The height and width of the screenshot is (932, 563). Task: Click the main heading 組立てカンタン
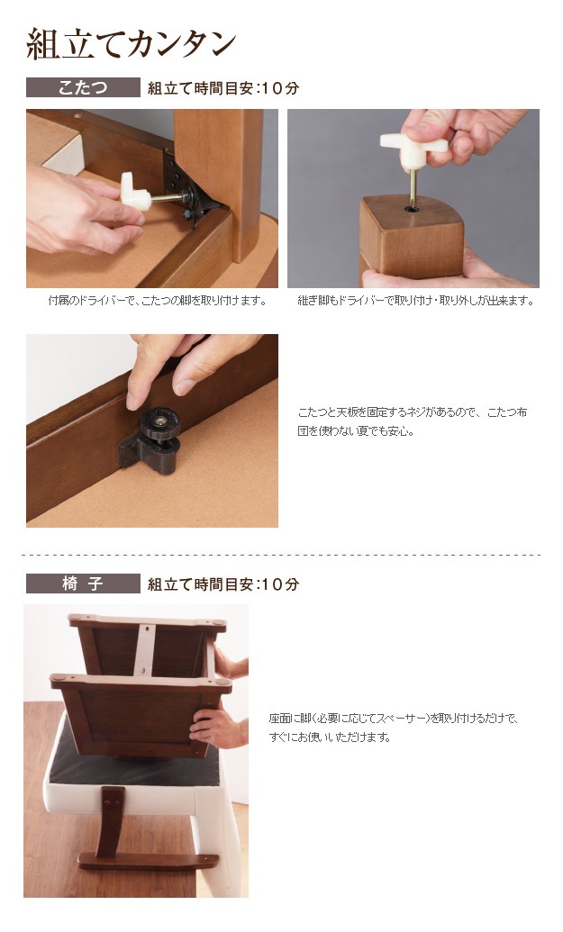[x=132, y=44]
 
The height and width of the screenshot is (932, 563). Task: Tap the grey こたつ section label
[x=83, y=87]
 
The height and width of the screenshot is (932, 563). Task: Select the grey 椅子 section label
[x=83, y=584]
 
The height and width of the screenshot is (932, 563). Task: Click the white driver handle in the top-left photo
[x=135, y=192]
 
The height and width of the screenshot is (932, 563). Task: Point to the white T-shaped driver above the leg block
[x=413, y=149]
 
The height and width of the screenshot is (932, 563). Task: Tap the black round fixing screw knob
[x=159, y=423]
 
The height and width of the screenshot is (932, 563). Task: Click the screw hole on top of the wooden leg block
[x=412, y=209]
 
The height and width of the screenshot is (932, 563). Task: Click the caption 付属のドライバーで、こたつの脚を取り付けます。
[x=157, y=301]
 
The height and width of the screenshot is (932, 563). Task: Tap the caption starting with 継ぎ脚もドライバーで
[x=415, y=301]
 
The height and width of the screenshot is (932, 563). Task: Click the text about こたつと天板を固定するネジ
[x=413, y=421]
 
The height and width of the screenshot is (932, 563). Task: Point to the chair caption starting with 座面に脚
[x=394, y=728]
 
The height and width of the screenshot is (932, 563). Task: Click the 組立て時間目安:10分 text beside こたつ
[x=223, y=88]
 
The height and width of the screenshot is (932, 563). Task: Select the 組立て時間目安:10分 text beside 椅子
[x=223, y=584]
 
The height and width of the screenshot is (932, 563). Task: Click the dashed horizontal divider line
[x=281, y=556]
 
